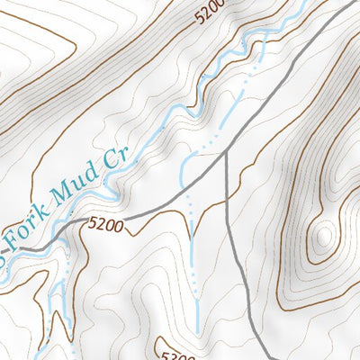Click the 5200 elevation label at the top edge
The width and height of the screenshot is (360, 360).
pos(208,11)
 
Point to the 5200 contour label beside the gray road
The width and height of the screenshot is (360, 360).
pos(105,223)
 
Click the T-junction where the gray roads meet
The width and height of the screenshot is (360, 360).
pos(226,153)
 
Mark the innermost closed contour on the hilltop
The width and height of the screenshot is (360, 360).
pos(323,236)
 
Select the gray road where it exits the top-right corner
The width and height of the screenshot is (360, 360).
pos(353,5)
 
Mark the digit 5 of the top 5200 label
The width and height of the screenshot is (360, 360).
pos(197,17)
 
